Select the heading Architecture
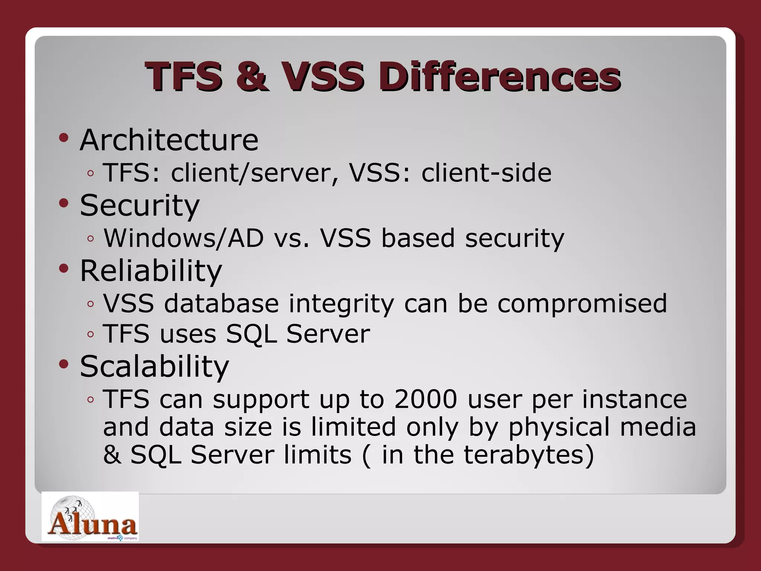[169, 140]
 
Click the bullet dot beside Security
[64, 203]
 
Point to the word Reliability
[151, 271]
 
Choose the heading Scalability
[154, 366]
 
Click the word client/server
[251, 173]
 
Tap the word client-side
[486, 173]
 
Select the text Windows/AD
[184, 238]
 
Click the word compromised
[582, 304]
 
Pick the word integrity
[341, 304]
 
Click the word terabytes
[524, 455]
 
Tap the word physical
[558, 427]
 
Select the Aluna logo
[90, 517]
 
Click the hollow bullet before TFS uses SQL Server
[90, 335]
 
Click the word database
[221, 304]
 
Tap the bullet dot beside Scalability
[64, 364]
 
